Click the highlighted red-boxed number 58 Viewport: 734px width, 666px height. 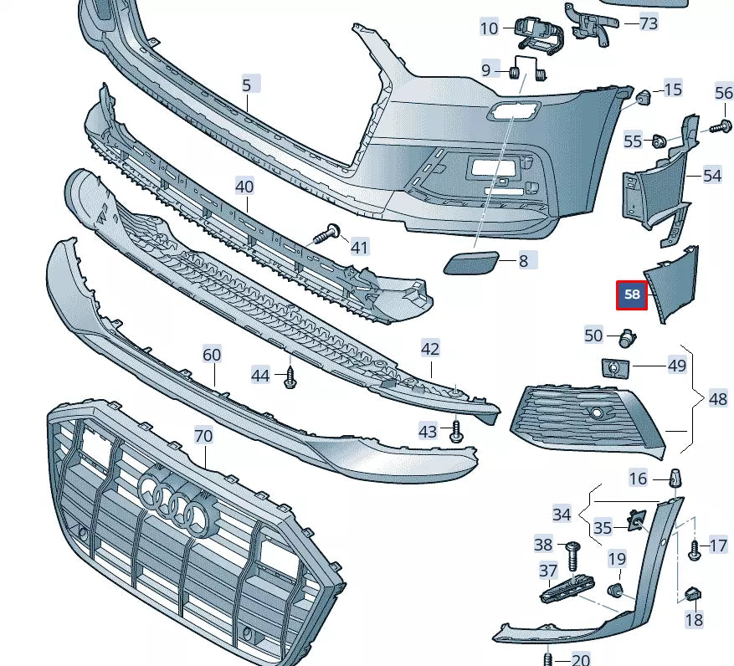click(632, 295)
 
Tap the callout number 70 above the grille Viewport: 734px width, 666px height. click(204, 436)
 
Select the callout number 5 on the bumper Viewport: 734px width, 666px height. click(248, 85)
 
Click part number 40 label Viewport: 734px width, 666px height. click(244, 187)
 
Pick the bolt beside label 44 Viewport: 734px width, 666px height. click(290, 377)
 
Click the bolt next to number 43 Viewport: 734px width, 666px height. click(456, 432)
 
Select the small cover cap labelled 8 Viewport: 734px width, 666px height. click(470, 263)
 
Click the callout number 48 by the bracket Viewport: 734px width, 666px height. click(718, 399)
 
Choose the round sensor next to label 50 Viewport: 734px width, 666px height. click(626, 337)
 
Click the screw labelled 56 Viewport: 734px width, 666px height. click(718, 126)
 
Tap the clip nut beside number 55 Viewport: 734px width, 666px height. click(659, 141)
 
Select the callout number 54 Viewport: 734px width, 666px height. click(711, 176)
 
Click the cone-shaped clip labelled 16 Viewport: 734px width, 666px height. click(675, 479)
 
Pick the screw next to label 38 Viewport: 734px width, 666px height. click(573, 553)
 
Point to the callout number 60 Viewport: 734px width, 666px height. click(213, 355)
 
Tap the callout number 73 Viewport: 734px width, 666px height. click(648, 23)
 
